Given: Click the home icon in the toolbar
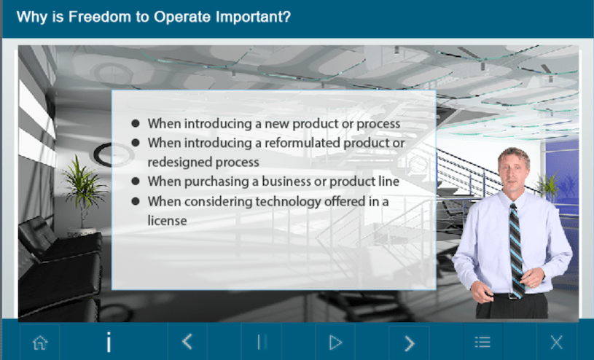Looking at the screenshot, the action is [x=40, y=343].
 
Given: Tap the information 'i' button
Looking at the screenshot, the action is [x=109, y=343].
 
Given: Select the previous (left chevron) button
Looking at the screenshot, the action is [x=187, y=342].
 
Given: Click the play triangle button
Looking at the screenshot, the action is [x=335, y=343].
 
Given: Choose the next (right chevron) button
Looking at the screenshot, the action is [x=410, y=343].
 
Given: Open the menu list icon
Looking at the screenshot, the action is [x=482, y=343].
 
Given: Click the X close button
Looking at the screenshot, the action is [x=557, y=343].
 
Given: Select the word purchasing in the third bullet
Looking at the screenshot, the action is [x=217, y=181].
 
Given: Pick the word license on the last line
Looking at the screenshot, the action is [x=167, y=221].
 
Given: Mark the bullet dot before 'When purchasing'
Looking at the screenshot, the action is [x=136, y=181].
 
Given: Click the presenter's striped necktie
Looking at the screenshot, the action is [x=516, y=249].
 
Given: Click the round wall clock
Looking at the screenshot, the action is [x=112, y=154].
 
